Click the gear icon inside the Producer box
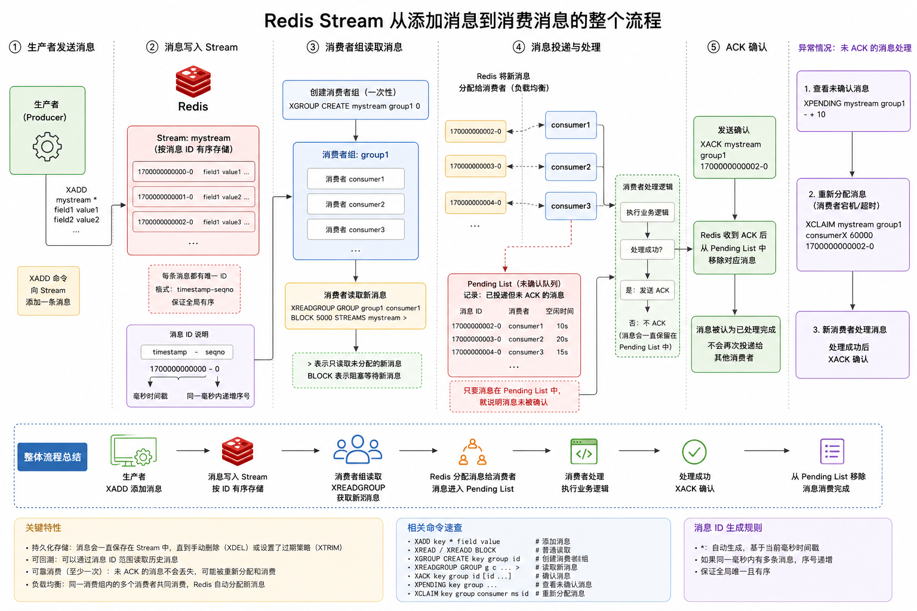pyautogui.click(x=47, y=146)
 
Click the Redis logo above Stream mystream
pyautogui.click(x=193, y=82)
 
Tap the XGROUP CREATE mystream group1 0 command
pyautogui.click(x=355, y=106)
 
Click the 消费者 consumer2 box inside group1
pyautogui.click(x=356, y=204)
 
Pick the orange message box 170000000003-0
pyautogui.click(x=475, y=166)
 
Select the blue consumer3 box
pyautogui.click(x=571, y=206)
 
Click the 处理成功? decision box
pyautogui.click(x=647, y=249)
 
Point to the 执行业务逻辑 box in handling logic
pyautogui.click(x=647, y=212)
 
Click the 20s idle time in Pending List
pyautogui.click(x=562, y=339)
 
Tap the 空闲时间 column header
pyautogui.click(x=559, y=311)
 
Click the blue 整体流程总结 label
pyautogui.click(x=53, y=457)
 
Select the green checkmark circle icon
pyautogui.click(x=694, y=452)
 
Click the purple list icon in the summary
pyautogui.click(x=832, y=451)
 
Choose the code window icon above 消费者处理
pyautogui.click(x=584, y=452)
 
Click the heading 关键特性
pyautogui.click(x=43, y=527)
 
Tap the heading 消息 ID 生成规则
pyautogui.click(x=728, y=527)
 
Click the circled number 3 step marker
pyautogui.click(x=313, y=47)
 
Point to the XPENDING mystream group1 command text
pyautogui.click(x=854, y=103)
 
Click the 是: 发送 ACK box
pyautogui.click(x=647, y=290)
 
